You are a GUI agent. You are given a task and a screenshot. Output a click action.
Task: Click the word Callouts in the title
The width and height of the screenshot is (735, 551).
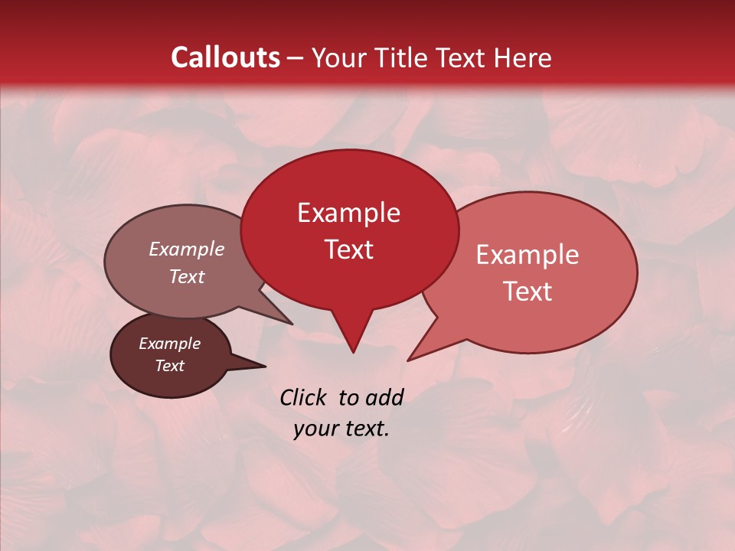click(225, 57)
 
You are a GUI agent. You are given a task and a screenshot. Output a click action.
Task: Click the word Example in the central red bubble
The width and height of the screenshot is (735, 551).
click(348, 213)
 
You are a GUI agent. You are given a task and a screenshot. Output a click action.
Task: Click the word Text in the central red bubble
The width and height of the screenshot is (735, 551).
click(348, 249)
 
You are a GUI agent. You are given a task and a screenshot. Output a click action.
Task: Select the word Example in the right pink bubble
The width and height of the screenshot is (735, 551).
click(528, 255)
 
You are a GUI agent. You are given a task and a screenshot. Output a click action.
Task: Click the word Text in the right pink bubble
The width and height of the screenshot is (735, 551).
click(528, 292)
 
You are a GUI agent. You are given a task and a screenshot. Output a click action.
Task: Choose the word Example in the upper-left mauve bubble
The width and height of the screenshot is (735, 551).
click(187, 249)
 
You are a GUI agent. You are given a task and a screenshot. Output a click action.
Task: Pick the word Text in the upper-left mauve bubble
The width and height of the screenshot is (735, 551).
click(187, 276)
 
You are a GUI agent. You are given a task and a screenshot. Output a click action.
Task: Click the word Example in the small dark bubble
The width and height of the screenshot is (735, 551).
click(169, 344)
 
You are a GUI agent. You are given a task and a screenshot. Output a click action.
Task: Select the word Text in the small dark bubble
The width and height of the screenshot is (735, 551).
click(169, 366)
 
